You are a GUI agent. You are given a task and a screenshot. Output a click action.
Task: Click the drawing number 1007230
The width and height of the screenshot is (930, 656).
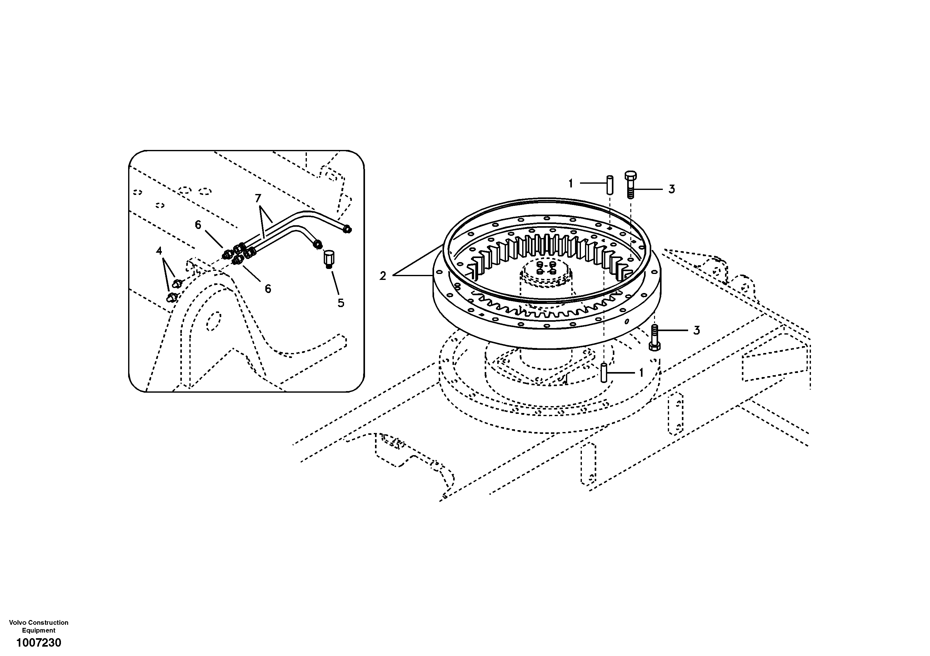pyautogui.click(x=39, y=643)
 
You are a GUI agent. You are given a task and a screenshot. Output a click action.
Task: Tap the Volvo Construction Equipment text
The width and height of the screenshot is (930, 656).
pyautogui.click(x=39, y=626)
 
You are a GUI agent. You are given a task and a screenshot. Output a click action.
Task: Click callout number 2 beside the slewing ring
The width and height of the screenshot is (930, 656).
pyautogui.click(x=383, y=276)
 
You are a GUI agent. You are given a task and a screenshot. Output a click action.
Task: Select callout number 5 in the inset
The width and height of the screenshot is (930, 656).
pyautogui.click(x=341, y=303)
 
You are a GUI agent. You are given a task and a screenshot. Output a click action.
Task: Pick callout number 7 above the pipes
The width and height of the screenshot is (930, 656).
pyautogui.click(x=258, y=198)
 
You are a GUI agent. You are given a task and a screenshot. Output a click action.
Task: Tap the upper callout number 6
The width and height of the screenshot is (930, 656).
pyautogui.click(x=198, y=225)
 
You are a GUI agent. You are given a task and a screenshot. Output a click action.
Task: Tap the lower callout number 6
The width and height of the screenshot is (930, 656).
pyautogui.click(x=268, y=289)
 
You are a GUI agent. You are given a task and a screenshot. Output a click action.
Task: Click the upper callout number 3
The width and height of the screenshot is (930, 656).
pyautogui.click(x=672, y=189)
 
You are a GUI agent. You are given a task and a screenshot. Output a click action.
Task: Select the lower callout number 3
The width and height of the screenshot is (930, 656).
pyautogui.click(x=696, y=330)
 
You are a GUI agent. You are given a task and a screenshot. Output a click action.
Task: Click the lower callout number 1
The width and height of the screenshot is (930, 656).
pyautogui.click(x=641, y=373)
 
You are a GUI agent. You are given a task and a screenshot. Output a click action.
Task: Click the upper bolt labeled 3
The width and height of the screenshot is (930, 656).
pyautogui.click(x=631, y=184)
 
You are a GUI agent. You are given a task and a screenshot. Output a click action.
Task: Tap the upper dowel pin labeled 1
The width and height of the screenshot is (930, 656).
pyautogui.click(x=609, y=185)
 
